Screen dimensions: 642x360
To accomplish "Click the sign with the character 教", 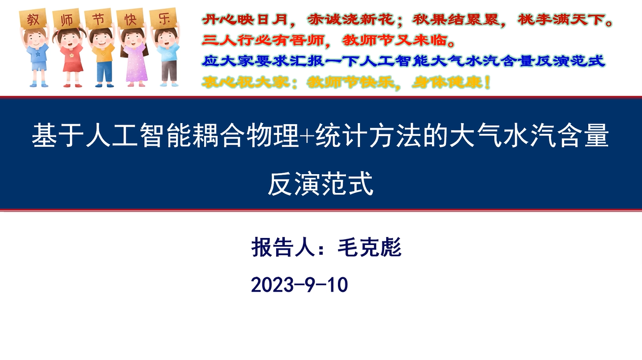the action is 33,19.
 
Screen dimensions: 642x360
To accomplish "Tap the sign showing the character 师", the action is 66,19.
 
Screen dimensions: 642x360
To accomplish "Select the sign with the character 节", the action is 98,19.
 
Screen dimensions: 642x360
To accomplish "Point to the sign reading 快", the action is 131,19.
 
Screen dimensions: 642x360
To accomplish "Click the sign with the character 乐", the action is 163,18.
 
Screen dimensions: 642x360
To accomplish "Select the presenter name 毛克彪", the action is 369,247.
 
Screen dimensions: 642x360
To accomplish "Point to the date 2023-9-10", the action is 299,285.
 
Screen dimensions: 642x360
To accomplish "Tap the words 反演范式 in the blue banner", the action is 321,183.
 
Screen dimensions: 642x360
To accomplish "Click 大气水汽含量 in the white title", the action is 529,135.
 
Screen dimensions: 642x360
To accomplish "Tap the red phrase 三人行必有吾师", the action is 263,40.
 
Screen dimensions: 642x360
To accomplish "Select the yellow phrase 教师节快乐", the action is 350,82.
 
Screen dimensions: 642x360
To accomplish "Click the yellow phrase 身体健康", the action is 447,82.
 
